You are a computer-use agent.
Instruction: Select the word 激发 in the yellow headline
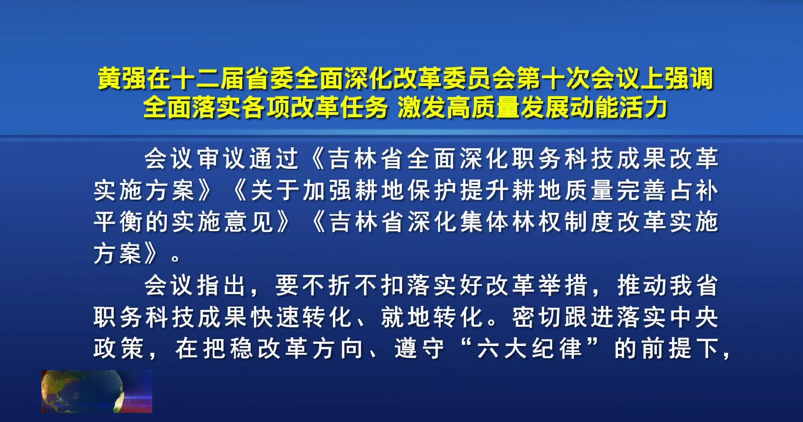[x=422, y=108]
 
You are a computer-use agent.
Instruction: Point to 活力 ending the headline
[x=643, y=108]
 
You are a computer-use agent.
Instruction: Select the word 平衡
[x=118, y=222]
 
